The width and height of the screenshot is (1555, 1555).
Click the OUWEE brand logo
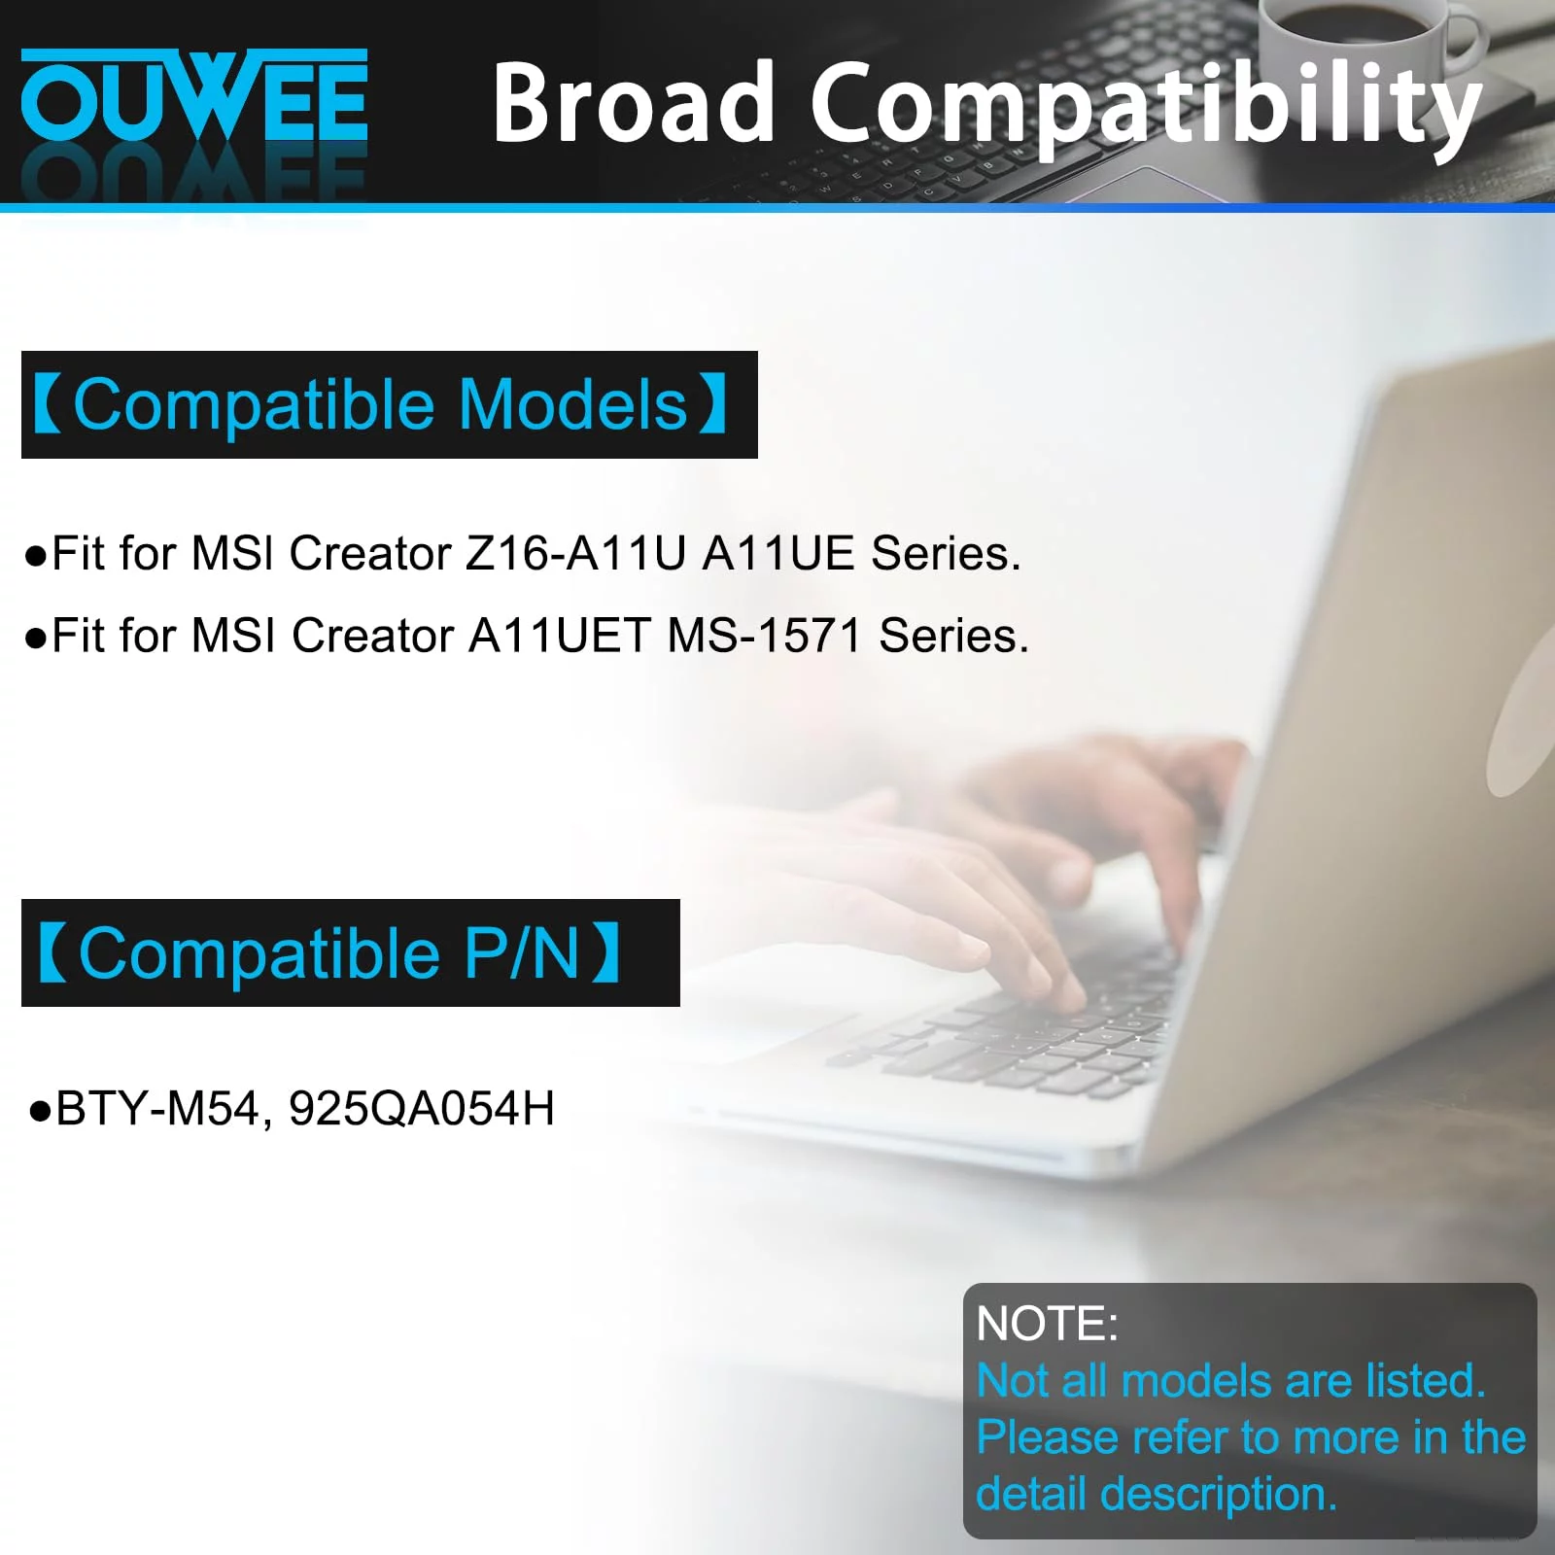(x=194, y=95)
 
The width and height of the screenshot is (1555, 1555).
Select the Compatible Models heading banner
(x=389, y=404)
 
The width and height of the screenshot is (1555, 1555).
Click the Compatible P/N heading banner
(x=350, y=952)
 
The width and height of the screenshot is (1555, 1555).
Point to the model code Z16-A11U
(x=575, y=553)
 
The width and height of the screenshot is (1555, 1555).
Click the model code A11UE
(x=777, y=553)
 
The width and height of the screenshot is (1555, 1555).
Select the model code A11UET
(x=559, y=636)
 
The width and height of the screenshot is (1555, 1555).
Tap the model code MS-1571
(x=764, y=636)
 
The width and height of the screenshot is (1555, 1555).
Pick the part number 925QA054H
(x=422, y=1109)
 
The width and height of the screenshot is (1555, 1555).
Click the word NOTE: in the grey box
(x=1047, y=1324)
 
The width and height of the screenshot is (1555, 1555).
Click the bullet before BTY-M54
(x=39, y=1111)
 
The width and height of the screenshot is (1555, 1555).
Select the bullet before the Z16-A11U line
(x=36, y=556)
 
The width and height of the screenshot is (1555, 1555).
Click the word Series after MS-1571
(x=953, y=636)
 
